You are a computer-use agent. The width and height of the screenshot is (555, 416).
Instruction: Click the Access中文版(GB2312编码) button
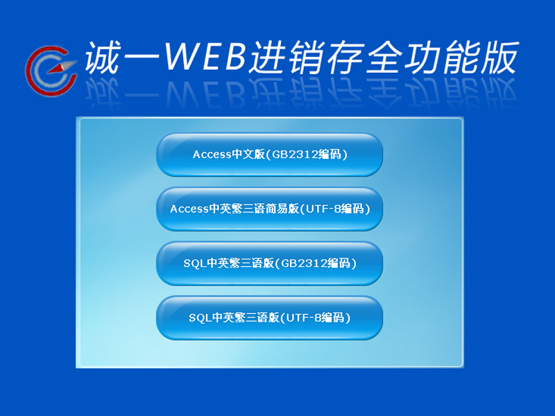tap(269, 155)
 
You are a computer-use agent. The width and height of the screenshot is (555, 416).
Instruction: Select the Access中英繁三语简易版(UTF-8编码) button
tap(269, 209)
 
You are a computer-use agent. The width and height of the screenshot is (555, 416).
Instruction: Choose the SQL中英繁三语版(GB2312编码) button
tap(269, 263)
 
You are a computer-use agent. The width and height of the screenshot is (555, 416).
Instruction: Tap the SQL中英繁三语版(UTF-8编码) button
tap(269, 318)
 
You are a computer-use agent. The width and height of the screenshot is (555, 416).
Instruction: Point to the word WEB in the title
tap(205, 57)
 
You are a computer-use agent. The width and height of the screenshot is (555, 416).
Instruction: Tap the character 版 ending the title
tap(499, 58)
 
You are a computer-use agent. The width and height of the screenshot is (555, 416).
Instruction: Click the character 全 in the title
tap(385, 58)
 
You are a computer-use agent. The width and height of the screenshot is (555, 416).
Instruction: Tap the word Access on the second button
tap(189, 209)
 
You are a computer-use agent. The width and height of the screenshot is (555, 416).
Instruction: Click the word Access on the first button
tap(212, 155)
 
